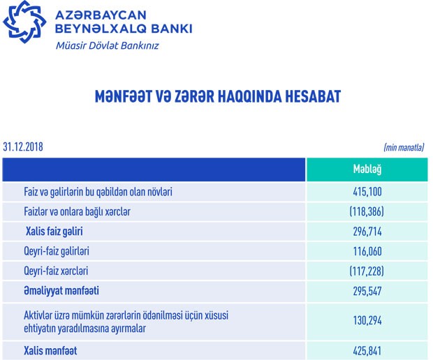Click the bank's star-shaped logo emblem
(x=24, y=22)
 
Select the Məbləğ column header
(x=367, y=170)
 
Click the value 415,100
(x=367, y=191)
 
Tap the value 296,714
(x=367, y=231)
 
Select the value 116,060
(x=367, y=250)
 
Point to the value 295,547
(x=367, y=290)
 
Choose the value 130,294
(x=367, y=321)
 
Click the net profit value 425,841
(x=367, y=351)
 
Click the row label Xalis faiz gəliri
(x=54, y=231)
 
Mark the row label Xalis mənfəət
(x=50, y=351)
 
